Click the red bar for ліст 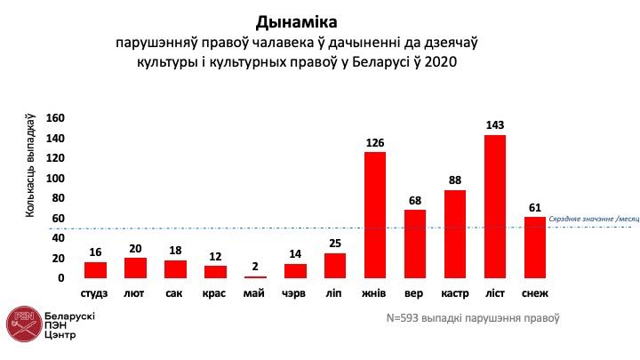pos(494,206)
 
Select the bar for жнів pos(375,214)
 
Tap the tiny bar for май pos(255,276)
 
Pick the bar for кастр pos(454,234)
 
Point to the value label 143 pos(495,125)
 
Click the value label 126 pos(375,142)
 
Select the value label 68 pos(415,201)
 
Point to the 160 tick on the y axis pos(55,117)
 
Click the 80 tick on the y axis pos(58,198)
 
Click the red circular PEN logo pos(21,324)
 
